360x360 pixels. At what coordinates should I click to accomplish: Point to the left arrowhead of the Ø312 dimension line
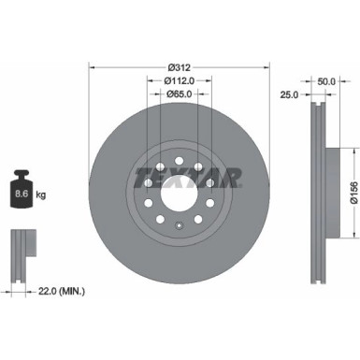[x=92, y=67]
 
